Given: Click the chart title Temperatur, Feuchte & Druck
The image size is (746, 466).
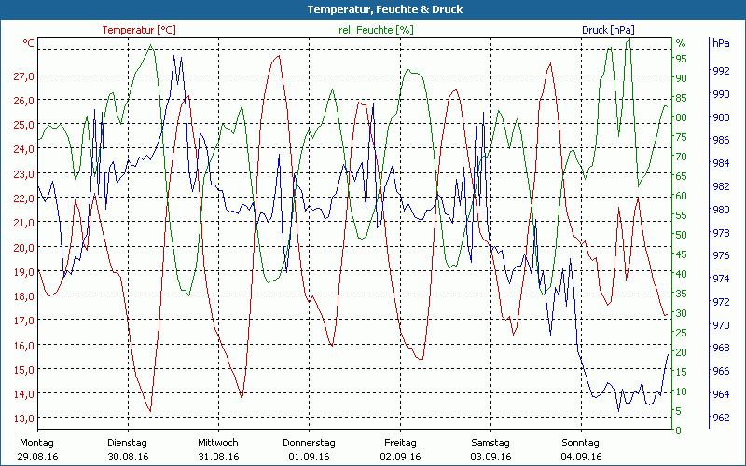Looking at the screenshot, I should (x=372, y=9).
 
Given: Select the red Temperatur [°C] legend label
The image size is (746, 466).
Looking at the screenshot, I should (x=139, y=30).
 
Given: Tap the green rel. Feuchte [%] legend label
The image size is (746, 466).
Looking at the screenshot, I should (x=376, y=30).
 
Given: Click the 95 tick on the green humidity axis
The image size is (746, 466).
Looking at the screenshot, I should (x=682, y=58).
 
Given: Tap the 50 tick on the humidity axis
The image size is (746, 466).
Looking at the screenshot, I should (x=682, y=235).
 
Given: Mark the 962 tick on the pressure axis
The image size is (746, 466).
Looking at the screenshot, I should (x=720, y=418).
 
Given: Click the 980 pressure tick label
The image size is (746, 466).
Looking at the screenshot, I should (x=720, y=210).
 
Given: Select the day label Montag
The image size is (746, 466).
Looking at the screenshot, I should (x=36, y=443).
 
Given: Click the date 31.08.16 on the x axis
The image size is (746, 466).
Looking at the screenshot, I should (x=218, y=457).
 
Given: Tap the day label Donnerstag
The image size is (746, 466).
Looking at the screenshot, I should (x=309, y=443).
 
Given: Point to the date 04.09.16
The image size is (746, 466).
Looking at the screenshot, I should (x=582, y=457).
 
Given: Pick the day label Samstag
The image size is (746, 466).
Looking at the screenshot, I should (x=490, y=443).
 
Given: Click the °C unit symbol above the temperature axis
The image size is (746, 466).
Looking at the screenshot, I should (x=29, y=44).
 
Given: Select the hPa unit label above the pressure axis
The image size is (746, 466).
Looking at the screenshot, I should (x=721, y=44).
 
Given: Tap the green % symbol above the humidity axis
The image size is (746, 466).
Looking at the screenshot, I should (x=681, y=44).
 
